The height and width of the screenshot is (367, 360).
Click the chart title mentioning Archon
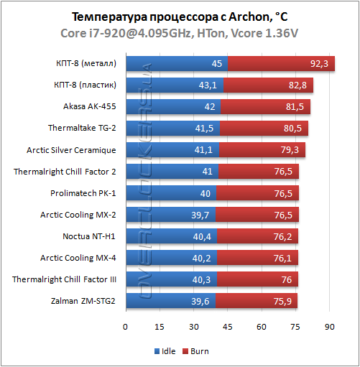click(x=179, y=17)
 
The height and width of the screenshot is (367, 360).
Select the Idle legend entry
click(x=165, y=353)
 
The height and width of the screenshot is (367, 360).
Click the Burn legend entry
click(x=200, y=353)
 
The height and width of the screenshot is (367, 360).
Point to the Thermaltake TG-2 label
click(x=86, y=129)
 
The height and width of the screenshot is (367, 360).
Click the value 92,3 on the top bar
click(x=318, y=65)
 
